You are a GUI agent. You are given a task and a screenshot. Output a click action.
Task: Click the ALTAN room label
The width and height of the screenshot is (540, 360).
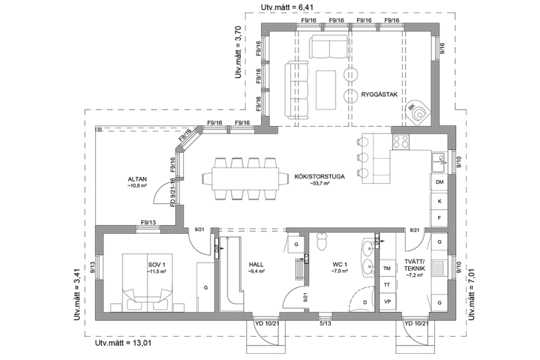(136, 179)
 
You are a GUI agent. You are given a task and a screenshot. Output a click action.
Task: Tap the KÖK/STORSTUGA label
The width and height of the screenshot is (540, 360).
(319, 177)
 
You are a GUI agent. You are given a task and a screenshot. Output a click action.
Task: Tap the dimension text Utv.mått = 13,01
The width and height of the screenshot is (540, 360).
(123, 343)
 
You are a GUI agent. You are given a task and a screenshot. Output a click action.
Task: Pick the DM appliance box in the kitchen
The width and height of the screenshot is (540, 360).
(439, 182)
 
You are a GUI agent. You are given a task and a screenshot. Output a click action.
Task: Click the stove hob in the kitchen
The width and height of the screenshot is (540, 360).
(400, 141)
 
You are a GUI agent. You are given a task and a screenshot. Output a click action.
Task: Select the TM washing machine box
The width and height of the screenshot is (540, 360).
(387, 269)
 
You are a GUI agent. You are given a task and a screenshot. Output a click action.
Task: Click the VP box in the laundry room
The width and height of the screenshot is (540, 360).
(387, 302)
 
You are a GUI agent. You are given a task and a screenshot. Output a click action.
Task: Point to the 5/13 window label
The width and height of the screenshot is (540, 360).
(325, 324)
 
